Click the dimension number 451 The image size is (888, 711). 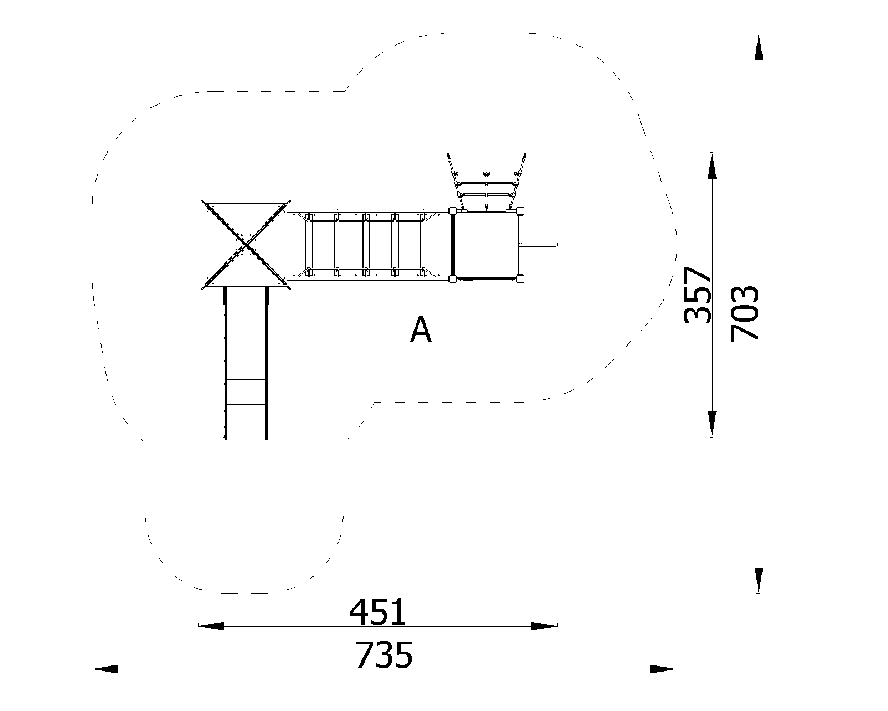[x=377, y=612]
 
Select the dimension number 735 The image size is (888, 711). [x=384, y=655]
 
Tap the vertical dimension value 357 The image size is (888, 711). [x=698, y=294]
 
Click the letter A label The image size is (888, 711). [x=421, y=330]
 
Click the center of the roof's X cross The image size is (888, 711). [x=246, y=246]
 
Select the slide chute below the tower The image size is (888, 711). [x=246, y=363]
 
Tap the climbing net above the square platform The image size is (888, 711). [x=486, y=182]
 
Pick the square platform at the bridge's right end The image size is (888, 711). [x=487, y=245]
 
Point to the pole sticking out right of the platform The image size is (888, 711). [x=540, y=245]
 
